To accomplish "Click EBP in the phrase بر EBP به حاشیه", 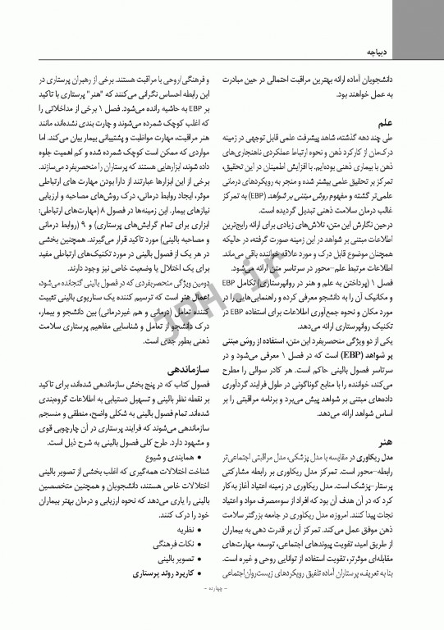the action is (x=205, y=106).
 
